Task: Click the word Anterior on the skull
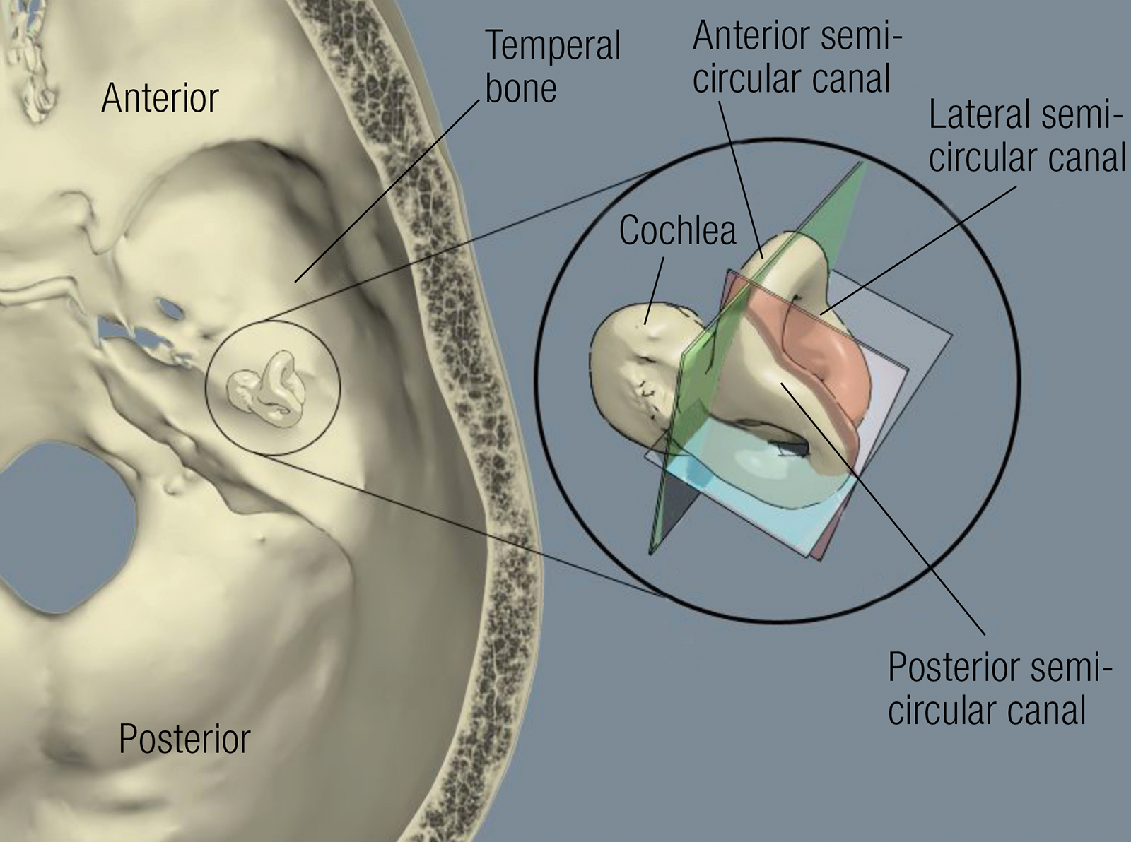(x=160, y=98)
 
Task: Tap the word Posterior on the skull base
(x=184, y=739)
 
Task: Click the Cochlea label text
(x=678, y=230)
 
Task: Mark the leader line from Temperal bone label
(x=387, y=191)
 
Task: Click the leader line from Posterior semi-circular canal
(x=883, y=509)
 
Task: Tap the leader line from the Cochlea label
(x=654, y=290)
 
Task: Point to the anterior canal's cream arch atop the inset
(x=785, y=255)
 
